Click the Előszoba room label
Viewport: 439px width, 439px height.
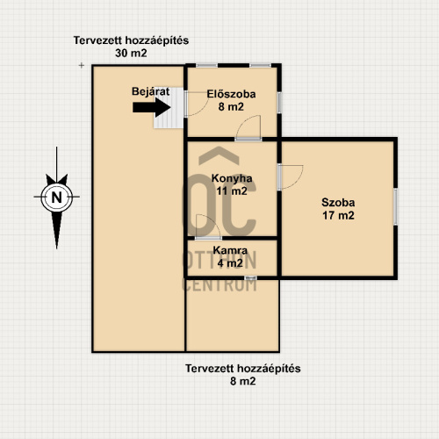[x=231, y=94]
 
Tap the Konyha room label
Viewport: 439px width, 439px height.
[x=232, y=178]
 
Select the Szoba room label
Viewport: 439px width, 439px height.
[x=338, y=203]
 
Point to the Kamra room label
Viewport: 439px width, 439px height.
[x=230, y=250]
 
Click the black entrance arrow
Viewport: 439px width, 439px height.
[x=152, y=107]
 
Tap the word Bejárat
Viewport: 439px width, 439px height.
[x=150, y=91]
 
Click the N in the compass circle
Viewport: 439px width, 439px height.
[x=57, y=197]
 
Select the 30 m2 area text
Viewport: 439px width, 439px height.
[x=131, y=54]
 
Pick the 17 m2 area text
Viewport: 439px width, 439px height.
[x=338, y=216]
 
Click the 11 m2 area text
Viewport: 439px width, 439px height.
[x=232, y=191]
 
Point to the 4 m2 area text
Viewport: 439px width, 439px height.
[x=230, y=263]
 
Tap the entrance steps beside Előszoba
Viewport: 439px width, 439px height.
[x=169, y=108]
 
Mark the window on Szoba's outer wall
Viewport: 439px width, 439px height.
[x=395, y=207]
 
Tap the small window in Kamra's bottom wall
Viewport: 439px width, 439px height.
[x=251, y=277]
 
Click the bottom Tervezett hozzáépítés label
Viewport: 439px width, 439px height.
[x=243, y=369]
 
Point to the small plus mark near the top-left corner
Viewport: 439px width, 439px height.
[x=82, y=65]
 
